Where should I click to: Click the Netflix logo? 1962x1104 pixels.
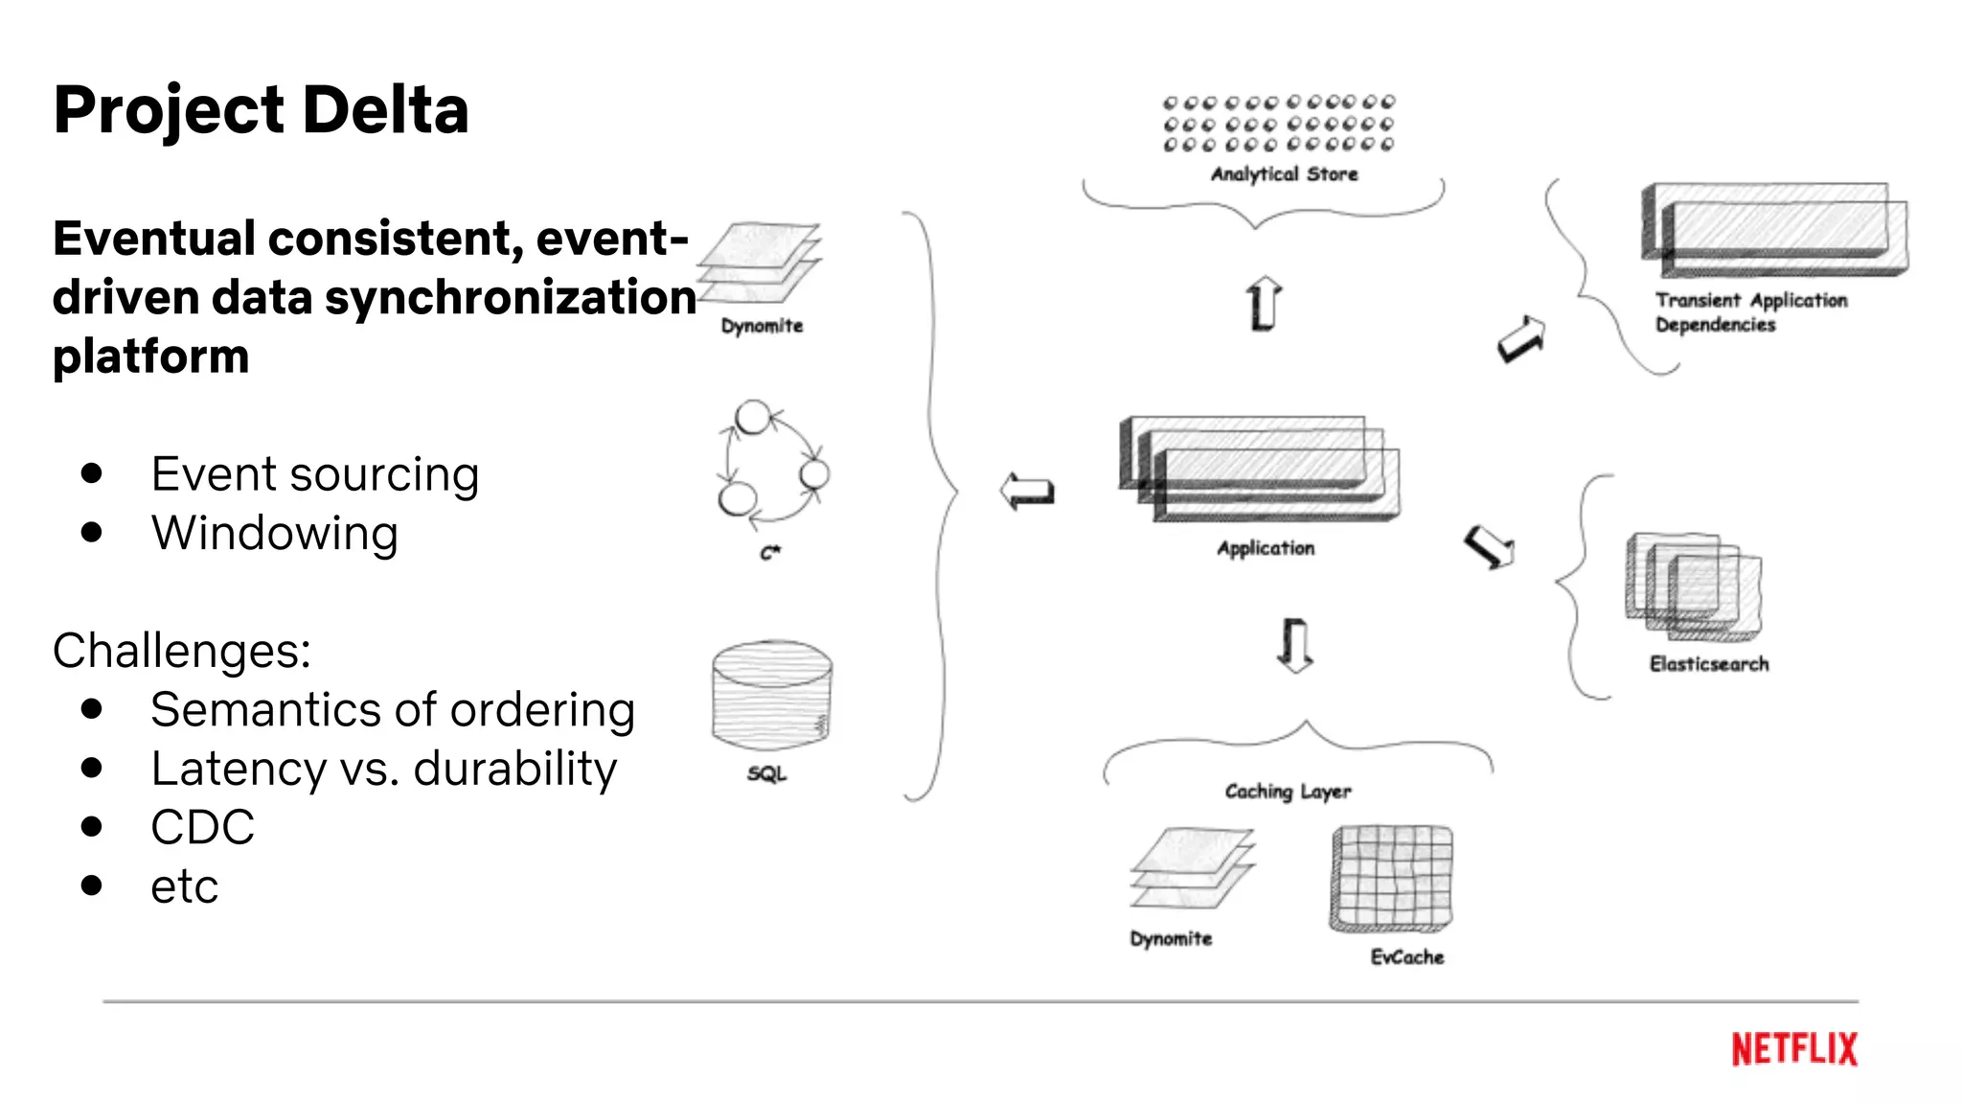[1793, 1048]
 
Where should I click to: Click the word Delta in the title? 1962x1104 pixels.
[385, 109]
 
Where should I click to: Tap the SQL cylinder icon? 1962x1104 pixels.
[772, 694]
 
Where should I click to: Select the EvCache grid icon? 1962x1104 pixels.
[1392, 878]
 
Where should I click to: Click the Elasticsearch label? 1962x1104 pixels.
[1708, 664]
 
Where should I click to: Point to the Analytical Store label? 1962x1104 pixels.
[1284, 173]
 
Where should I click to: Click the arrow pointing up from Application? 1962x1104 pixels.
[1264, 304]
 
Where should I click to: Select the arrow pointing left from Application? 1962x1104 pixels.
[1027, 492]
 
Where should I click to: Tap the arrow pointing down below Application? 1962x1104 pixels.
[1295, 644]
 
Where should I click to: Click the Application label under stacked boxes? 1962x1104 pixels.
[1266, 548]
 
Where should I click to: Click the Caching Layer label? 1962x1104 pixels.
[1288, 792]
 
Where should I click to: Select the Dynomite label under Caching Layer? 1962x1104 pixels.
[1171, 938]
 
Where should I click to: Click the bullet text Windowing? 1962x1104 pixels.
[274, 534]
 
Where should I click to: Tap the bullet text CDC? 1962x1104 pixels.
[202, 828]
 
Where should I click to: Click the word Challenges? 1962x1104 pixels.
[180, 651]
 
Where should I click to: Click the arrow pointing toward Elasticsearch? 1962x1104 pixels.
[1490, 547]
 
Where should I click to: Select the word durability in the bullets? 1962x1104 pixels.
[514, 770]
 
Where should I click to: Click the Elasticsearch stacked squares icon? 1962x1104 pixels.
[1693, 586]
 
